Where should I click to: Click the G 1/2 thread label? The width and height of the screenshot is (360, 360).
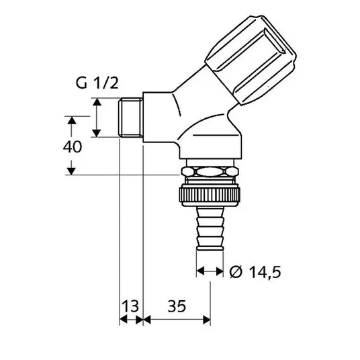97,83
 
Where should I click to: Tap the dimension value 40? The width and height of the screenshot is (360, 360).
73,147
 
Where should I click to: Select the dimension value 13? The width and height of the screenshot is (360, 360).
130,306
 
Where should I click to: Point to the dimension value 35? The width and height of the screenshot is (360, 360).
177,306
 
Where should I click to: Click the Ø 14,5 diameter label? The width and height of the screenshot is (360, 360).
255,272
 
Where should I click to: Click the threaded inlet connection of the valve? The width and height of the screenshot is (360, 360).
131,118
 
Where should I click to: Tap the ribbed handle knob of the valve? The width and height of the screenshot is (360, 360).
251,60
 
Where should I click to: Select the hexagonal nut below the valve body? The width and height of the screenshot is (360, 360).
210,172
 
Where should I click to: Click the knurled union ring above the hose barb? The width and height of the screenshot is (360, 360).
210,195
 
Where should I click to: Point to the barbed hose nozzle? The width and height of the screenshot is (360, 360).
210,228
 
